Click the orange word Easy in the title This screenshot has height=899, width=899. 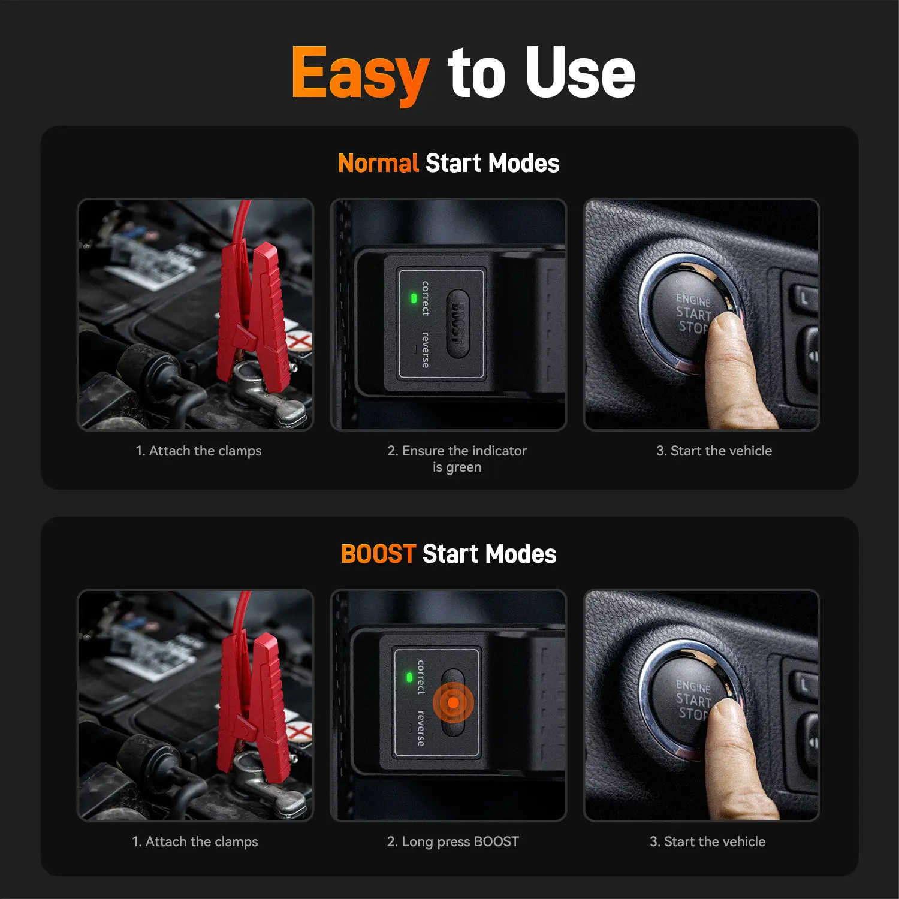pos(360,74)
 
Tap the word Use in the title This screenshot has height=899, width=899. pos(580,73)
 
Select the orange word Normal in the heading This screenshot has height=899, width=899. pos(378,163)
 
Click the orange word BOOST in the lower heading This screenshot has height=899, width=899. pos(378,554)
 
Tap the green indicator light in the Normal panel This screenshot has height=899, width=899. pos(414,298)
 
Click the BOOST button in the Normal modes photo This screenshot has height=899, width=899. pos(457,324)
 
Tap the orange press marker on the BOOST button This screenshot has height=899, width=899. pos(453,702)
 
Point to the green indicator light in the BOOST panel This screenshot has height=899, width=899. pos(409,677)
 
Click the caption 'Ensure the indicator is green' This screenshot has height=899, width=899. pos(457,459)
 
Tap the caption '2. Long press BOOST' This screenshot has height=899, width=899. pos(453,842)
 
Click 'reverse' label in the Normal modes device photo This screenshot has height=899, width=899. pos(425,349)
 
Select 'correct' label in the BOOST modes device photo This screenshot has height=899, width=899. pos(421,677)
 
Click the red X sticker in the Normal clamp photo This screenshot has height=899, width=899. pos(300,342)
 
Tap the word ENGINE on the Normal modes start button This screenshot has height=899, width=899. pos(693,300)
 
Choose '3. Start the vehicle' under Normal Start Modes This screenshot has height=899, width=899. pos(714,451)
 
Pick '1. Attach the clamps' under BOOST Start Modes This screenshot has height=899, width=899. pos(195,842)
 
